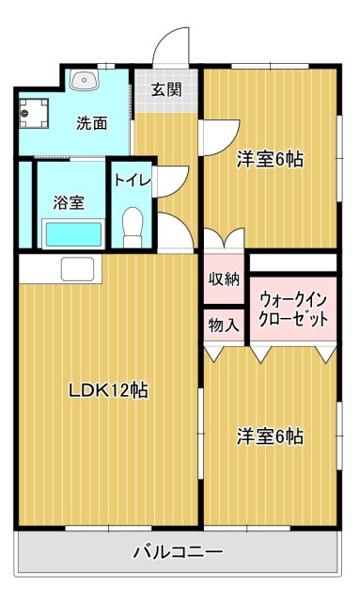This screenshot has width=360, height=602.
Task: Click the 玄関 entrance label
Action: click(166, 91)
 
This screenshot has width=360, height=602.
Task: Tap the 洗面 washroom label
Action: click(91, 122)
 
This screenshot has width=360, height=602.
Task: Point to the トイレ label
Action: click(133, 180)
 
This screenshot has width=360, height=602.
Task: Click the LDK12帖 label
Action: click(106, 388)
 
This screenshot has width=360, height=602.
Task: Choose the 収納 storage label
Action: click(224, 278)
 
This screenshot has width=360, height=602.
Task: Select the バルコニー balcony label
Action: click(178, 552)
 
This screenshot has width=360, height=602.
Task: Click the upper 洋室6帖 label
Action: click(269, 158)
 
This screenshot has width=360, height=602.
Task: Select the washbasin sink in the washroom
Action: click(86, 81)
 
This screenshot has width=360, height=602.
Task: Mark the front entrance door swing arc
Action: click(172, 47)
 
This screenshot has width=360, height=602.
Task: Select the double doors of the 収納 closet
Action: click(224, 241)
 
